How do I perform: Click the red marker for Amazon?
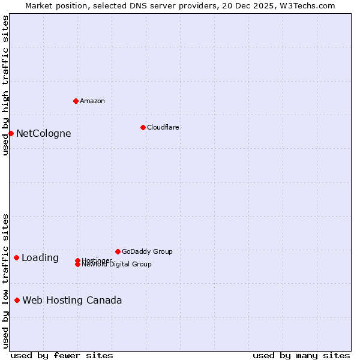(x=76, y=101)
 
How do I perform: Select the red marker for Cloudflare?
(x=143, y=127)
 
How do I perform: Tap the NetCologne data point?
(x=11, y=133)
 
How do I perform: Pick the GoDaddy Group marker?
(x=118, y=251)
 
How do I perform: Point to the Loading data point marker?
(x=16, y=257)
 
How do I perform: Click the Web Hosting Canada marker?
(x=17, y=300)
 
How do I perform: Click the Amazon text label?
(x=92, y=101)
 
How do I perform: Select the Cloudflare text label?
(x=163, y=127)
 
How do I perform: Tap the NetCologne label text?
(x=43, y=133)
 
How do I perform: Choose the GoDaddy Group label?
(x=147, y=251)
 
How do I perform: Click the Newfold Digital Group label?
(x=116, y=264)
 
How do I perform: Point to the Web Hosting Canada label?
(x=72, y=300)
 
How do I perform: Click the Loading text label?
(x=40, y=257)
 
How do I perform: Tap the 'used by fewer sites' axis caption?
(x=62, y=356)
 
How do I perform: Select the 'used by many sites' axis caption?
(x=301, y=356)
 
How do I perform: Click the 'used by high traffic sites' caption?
(x=5, y=86)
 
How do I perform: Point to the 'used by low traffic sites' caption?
(x=5, y=281)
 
